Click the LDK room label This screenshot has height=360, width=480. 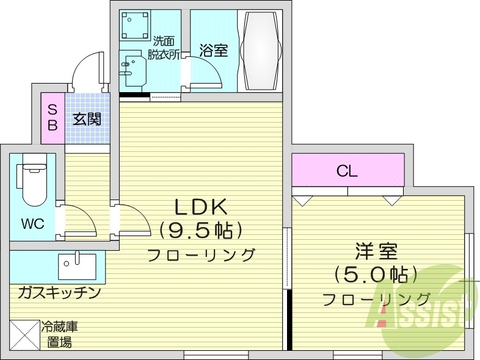click(201, 207)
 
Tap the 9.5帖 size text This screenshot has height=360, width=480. click(201, 231)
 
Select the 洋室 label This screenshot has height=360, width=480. click(376, 251)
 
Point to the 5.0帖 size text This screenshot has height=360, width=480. click(376, 275)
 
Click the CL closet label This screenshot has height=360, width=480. click(347, 171)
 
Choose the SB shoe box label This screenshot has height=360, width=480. click(53, 118)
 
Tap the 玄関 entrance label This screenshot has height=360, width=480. click(87, 119)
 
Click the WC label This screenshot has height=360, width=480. click(33, 224)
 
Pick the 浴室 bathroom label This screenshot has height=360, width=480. click(213, 51)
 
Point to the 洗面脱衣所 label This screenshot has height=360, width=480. click(164, 48)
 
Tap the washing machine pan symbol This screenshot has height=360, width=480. click(134, 26)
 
